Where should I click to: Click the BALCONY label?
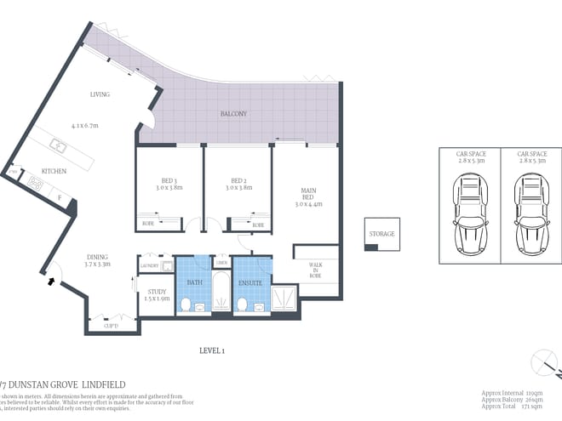(232, 113)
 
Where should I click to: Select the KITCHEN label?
(54, 171)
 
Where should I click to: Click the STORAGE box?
(381, 234)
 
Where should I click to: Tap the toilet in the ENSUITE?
(242, 302)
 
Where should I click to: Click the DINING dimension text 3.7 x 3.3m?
(98, 265)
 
